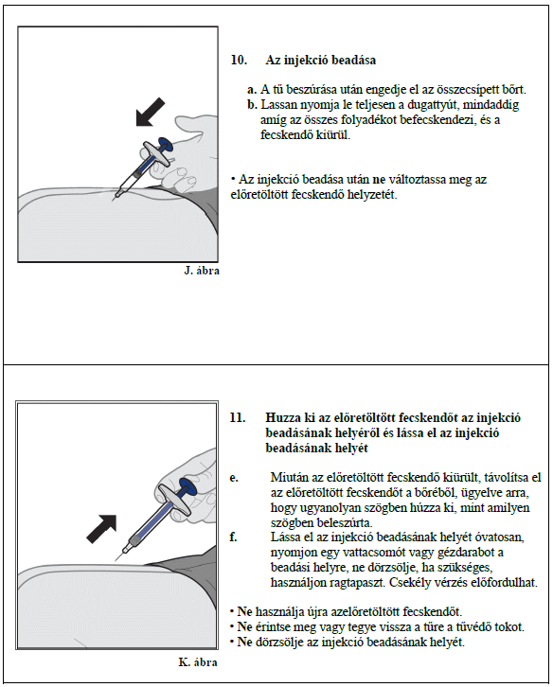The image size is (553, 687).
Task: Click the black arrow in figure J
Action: click(150, 113)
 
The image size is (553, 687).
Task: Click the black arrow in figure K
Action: click(101, 529)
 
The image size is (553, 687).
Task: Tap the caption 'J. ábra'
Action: click(202, 271)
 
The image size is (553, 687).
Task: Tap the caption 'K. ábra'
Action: click(198, 661)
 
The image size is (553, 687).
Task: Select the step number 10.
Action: click(239, 60)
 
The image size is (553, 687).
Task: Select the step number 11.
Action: click(238, 417)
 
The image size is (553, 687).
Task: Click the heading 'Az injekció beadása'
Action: click(321, 60)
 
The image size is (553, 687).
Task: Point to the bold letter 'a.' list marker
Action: click(252, 90)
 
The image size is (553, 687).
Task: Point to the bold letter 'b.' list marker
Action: click(252, 105)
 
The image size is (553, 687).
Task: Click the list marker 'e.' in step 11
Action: click(234, 478)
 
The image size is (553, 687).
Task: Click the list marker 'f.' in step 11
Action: click(233, 537)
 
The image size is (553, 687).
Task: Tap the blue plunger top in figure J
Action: click(166, 144)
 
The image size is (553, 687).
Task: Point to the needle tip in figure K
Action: click(116, 561)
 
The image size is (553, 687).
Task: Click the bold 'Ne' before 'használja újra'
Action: click(244, 611)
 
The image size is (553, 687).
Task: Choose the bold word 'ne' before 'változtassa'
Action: click(379, 180)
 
